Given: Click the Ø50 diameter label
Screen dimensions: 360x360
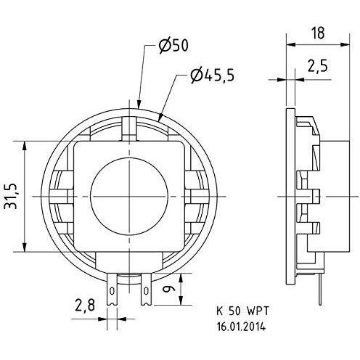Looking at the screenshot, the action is click(173, 46).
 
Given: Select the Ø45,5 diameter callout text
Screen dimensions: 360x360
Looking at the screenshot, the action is click(212, 75).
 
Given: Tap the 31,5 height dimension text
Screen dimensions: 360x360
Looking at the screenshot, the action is click(11, 196).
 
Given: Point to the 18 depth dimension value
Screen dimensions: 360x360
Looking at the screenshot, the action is click(318, 33).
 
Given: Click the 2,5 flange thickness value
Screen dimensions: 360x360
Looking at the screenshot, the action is click(317, 65).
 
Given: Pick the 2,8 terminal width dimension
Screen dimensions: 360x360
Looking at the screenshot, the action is click(85, 306).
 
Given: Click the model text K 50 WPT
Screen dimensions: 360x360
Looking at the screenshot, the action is click(242, 311).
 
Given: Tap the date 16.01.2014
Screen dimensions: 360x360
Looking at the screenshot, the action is click(241, 327).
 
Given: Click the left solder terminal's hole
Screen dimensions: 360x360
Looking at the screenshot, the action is click(112, 291).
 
